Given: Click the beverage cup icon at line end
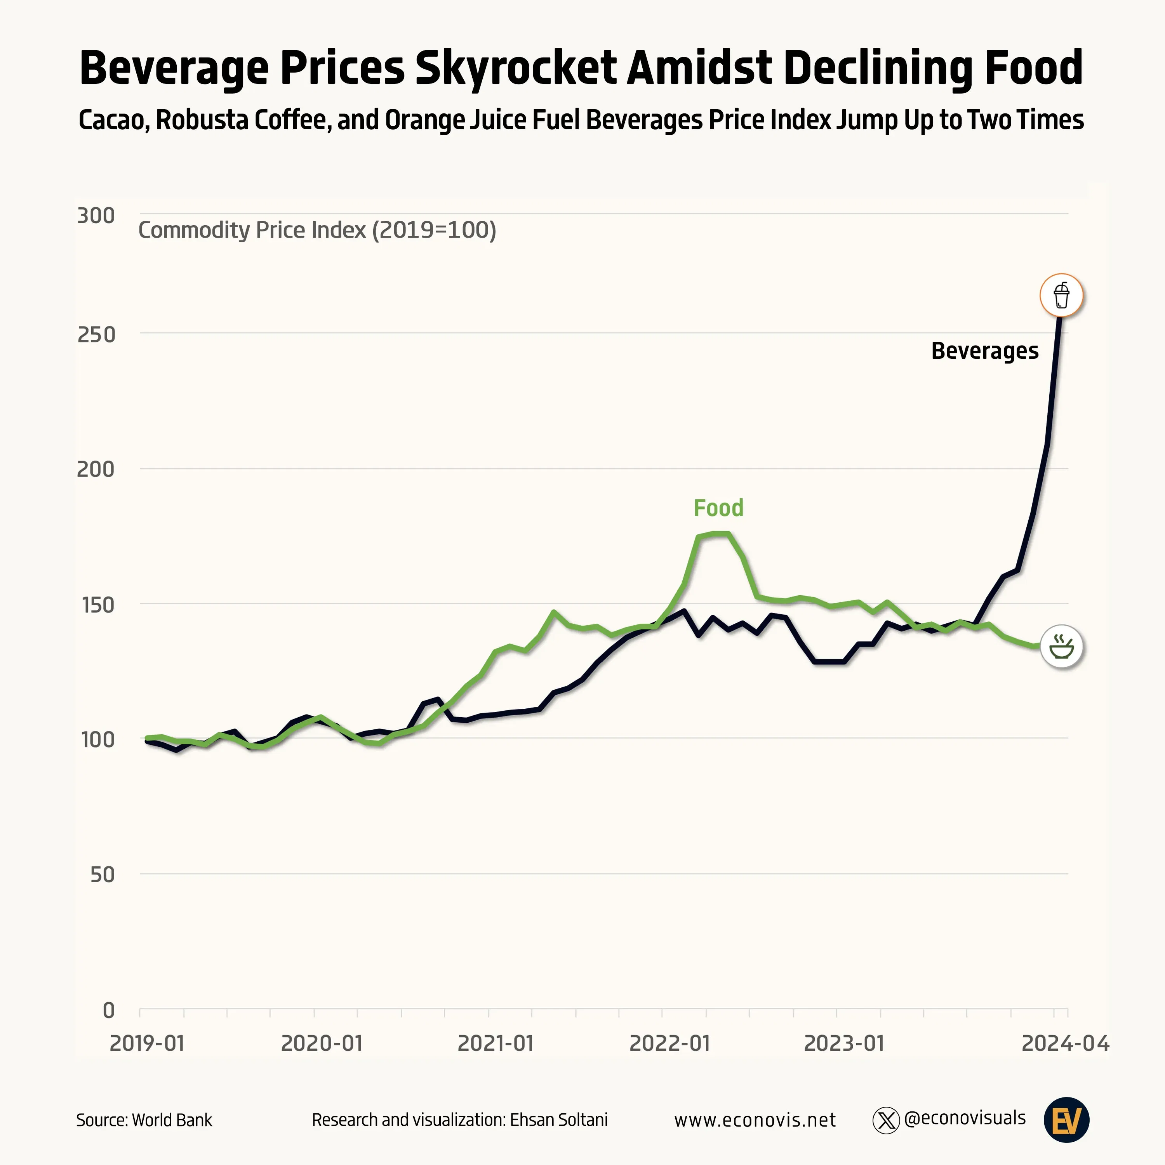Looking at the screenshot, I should (x=1061, y=296).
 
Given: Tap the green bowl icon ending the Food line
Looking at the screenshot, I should (x=1061, y=647).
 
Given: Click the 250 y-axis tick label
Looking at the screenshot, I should (x=96, y=335).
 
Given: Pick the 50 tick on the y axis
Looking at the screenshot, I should (x=102, y=875).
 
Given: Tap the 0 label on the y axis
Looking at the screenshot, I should (x=109, y=1010).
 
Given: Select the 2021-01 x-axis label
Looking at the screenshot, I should (x=496, y=1043).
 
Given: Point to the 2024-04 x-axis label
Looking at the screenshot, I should (x=1065, y=1043).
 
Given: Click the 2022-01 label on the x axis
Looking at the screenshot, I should (x=670, y=1043).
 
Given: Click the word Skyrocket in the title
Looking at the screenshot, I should (x=516, y=68).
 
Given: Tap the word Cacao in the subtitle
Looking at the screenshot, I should (x=113, y=120).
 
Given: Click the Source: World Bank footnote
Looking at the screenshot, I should (x=144, y=1120).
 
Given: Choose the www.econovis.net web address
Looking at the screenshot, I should (x=755, y=1120).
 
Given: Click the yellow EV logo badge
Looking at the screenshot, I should (x=1066, y=1120).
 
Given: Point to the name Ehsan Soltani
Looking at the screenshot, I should (x=558, y=1120).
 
